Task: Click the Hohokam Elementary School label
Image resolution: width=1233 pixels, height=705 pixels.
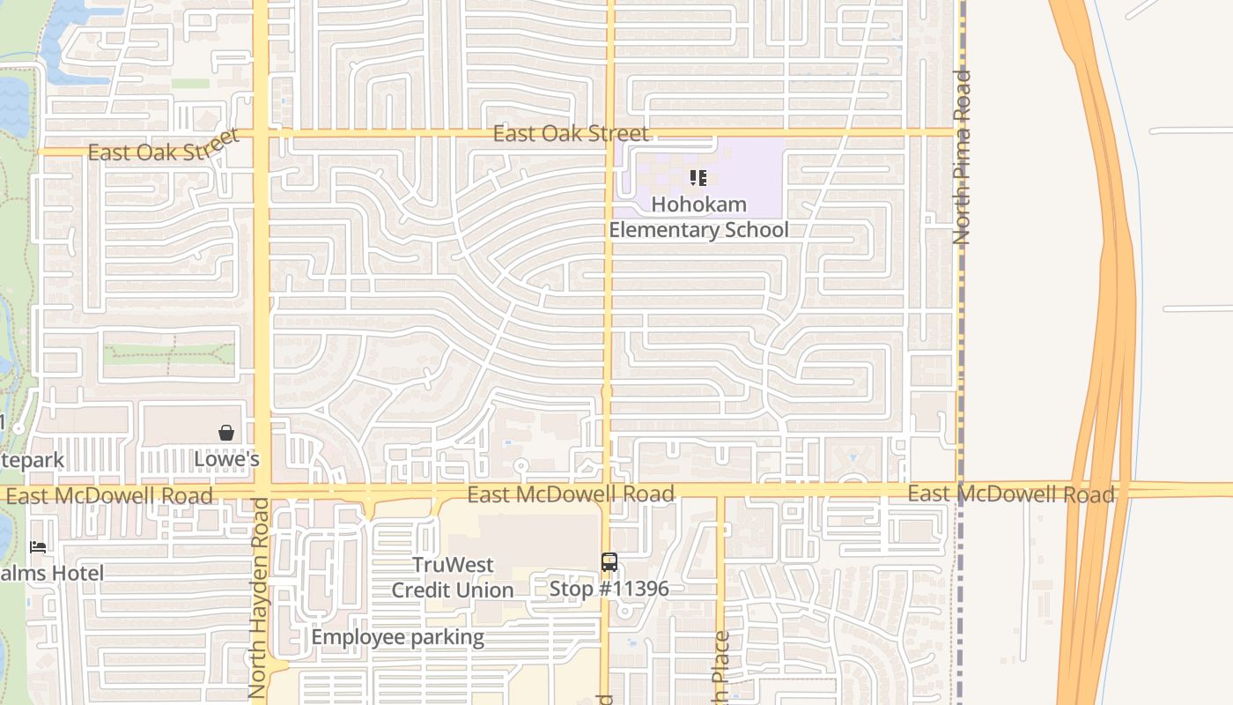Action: click(698, 217)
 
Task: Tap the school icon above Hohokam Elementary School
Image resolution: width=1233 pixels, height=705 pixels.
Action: click(698, 179)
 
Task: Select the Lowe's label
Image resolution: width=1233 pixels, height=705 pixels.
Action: click(226, 459)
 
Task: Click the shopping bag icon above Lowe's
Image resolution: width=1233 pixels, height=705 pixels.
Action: click(226, 433)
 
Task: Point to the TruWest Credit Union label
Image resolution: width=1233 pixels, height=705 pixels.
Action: click(453, 577)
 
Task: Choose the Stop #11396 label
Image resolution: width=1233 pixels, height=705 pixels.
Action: click(609, 588)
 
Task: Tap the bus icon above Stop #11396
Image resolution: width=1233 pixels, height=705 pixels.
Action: click(609, 561)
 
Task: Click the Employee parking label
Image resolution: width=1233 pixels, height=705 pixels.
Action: click(397, 637)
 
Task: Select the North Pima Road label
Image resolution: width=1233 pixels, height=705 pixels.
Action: click(962, 157)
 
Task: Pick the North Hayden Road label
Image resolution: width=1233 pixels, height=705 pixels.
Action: click(258, 597)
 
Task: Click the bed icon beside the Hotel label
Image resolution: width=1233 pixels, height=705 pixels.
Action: click(38, 547)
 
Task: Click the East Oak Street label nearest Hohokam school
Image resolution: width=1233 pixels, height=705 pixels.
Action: click(571, 133)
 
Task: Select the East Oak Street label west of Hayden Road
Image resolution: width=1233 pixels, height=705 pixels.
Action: click(164, 147)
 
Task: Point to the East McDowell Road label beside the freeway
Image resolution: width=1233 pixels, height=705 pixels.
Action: click(1011, 493)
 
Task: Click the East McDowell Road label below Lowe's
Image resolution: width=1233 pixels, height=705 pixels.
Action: click(109, 495)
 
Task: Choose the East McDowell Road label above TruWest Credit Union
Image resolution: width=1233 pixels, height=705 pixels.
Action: click(571, 493)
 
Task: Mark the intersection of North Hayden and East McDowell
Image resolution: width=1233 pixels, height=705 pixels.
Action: click(262, 492)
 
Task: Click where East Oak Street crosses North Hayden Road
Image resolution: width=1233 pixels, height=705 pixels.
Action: click(262, 134)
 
